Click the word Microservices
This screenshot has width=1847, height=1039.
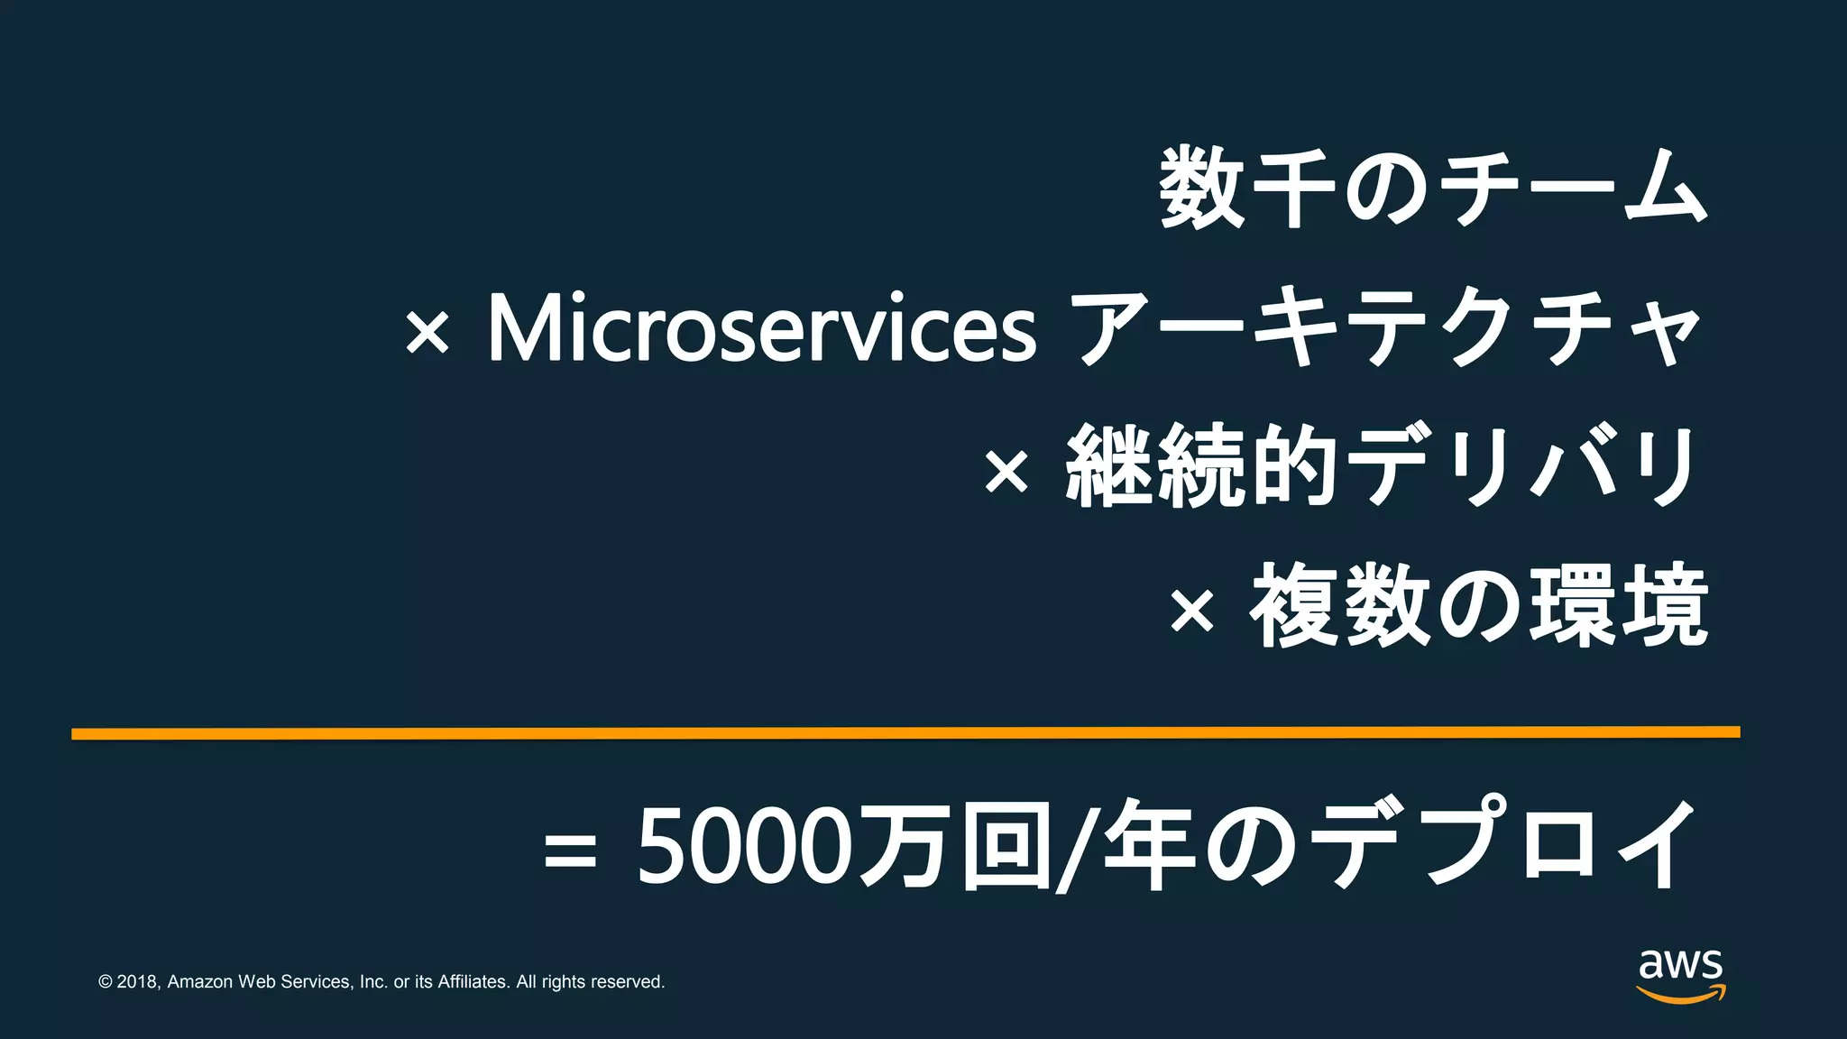(x=762, y=329)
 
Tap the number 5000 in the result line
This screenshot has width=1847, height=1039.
(x=744, y=845)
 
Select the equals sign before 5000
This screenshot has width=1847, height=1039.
(x=570, y=851)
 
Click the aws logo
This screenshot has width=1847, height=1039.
(x=1681, y=975)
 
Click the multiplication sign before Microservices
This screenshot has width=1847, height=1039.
(x=427, y=333)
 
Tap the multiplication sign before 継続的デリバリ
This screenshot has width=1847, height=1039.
(x=1006, y=471)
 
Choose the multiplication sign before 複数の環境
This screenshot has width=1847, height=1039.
(x=1192, y=611)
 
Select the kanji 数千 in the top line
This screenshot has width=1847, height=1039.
(x=1248, y=189)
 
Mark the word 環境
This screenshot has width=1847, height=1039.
(x=1620, y=606)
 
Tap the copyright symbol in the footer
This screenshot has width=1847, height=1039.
(x=106, y=982)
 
